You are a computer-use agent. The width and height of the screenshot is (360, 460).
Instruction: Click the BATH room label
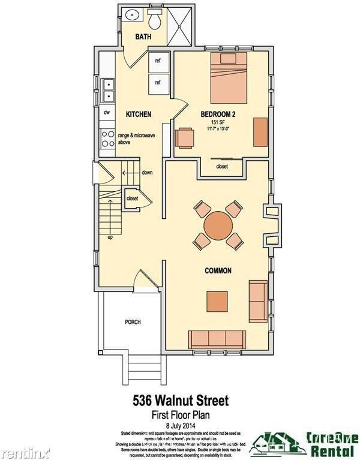[x=143, y=37]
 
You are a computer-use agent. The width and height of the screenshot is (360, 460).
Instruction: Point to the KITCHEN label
[x=138, y=114]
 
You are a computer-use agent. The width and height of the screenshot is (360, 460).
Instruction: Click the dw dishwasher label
[x=107, y=112]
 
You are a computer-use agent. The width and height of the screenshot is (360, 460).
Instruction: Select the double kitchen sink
[x=109, y=90]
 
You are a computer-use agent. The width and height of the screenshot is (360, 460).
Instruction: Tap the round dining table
[x=218, y=226]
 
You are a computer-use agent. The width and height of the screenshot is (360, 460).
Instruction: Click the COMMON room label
[x=218, y=270]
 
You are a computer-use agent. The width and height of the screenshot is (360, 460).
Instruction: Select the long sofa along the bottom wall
[x=218, y=339]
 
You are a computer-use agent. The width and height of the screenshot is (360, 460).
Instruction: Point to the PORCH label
[x=133, y=322]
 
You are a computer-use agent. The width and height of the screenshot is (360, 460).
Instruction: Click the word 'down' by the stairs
[x=147, y=173]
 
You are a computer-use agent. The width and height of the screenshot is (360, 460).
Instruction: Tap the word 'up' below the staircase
[x=110, y=237]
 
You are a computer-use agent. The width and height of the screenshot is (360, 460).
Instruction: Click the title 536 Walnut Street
[x=179, y=399]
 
